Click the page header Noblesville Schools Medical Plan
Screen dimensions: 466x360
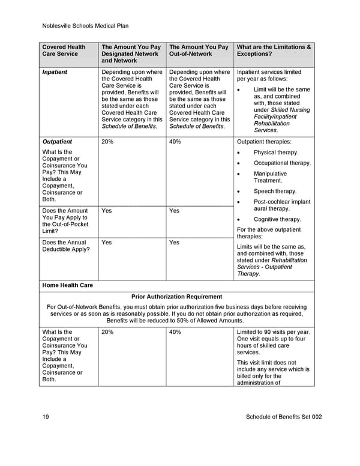[86, 26]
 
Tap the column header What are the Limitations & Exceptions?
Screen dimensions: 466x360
[274, 50]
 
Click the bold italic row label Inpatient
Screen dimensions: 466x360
[55, 72]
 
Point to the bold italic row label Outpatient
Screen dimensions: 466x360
[57, 142]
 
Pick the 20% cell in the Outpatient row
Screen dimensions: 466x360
[108, 142]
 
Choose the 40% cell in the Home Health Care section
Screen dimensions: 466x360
[175, 332]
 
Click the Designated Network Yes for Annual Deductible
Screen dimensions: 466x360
[107, 243]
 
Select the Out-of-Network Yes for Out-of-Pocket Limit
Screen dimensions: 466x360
[175, 211]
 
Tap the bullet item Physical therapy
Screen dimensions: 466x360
[275, 153]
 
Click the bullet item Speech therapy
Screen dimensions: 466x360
[275, 192]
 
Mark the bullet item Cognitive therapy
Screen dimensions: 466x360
[277, 219]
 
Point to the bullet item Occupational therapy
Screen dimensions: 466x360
[282, 163]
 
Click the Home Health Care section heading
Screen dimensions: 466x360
[67, 285]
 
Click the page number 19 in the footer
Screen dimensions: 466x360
[46, 417]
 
